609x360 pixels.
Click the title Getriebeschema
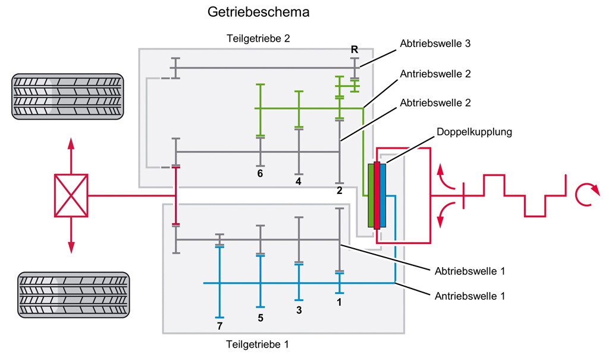pos(258,12)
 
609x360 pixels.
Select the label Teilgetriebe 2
pos(258,39)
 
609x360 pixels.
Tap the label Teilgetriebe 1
pos(258,344)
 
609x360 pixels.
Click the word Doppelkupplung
pos(474,132)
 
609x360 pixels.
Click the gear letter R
pos(354,49)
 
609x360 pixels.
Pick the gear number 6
pos(260,174)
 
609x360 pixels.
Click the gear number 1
pos(340,302)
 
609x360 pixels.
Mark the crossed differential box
pos(71,195)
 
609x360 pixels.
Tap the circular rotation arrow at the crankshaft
pos(585,195)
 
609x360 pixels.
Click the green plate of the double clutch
pos(371,195)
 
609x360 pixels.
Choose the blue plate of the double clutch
pos(382,195)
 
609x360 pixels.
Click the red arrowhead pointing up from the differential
pos(71,143)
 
